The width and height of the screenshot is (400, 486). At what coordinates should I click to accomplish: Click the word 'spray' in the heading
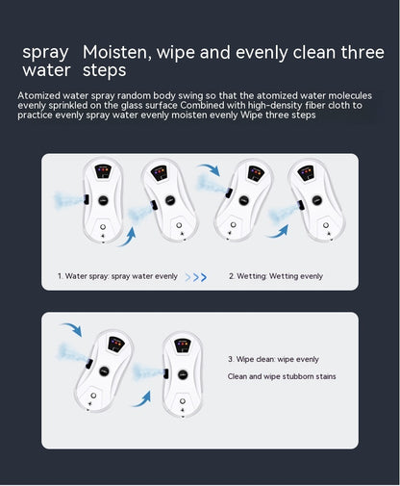(x=47, y=52)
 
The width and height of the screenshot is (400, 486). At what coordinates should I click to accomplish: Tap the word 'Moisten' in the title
(x=119, y=52)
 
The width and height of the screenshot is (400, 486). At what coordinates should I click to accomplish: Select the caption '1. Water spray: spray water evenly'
(x=117, y=276)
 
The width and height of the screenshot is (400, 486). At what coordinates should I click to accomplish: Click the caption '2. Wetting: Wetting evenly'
(x=275, y=276)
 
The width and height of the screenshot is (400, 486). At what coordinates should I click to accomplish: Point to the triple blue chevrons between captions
(x=196, y=277)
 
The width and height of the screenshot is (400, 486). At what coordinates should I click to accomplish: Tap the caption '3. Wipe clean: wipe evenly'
(x=273, y=359)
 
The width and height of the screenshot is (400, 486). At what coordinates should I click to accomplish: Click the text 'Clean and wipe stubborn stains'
(x=282, y=376)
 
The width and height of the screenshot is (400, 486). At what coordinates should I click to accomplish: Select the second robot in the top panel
(x=170, y=199)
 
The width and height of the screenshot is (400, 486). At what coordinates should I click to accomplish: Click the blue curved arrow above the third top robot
(x=209, y=170)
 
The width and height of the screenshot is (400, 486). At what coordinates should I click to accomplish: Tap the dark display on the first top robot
(x=104, y=173)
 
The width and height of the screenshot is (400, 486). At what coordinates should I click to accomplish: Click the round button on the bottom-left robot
(x=92, y=396)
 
